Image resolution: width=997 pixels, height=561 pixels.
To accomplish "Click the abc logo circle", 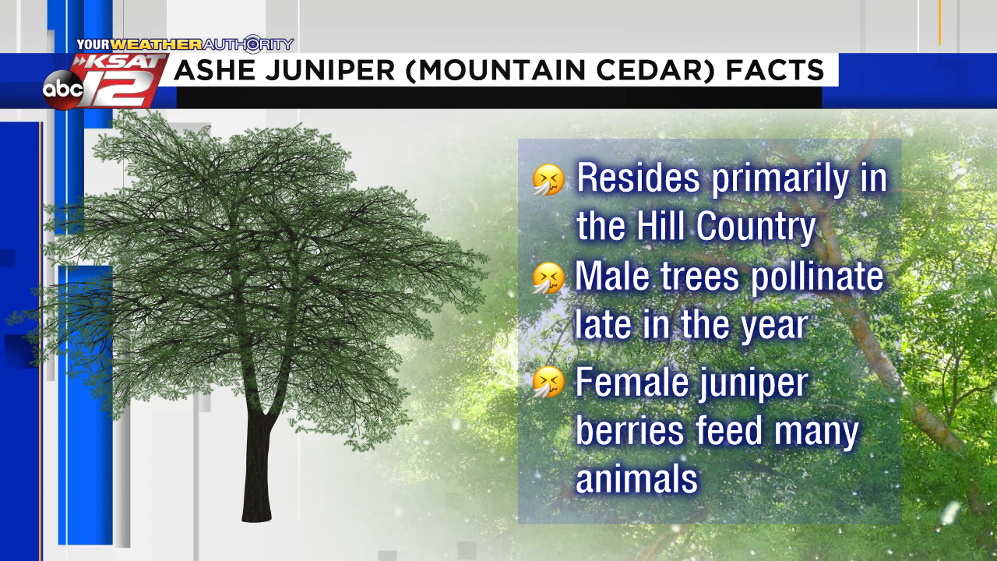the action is (x=63, y=90).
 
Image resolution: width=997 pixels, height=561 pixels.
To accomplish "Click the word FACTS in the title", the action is (x=775, y=70).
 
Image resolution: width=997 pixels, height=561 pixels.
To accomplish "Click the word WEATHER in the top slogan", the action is (x=157, y=44).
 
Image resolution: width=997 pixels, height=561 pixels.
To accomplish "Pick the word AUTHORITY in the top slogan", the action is (x=248, y=44).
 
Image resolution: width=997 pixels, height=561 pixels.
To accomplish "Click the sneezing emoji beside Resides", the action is (x=549, y=179).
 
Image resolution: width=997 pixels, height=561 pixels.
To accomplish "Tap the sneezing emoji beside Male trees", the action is (x=549, y=278).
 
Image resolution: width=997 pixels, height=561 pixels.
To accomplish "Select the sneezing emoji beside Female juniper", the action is (x=549, y=382).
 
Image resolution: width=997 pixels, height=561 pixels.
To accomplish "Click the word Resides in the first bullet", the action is (x=639, y=178).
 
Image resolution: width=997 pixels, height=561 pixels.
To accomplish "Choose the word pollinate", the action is (x=817, y=277).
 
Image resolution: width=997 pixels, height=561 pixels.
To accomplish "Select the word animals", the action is (x=637, y=478).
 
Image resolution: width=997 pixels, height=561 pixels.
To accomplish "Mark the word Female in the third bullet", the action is (x=632, y=382).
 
